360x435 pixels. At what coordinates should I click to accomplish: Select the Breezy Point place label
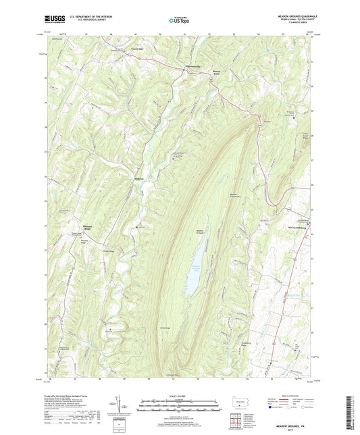pyautogui.click(x=217, y=70)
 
